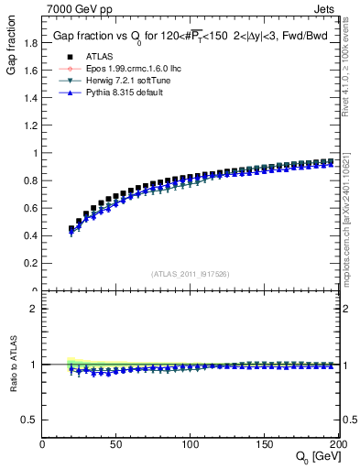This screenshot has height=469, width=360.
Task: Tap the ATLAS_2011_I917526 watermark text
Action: [191, 274]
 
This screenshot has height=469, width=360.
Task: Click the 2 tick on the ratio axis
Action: [35, 309]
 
